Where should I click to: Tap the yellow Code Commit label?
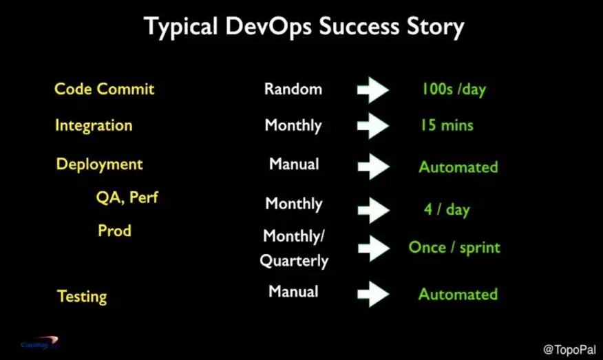point(104,89)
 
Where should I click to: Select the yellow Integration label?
point(94,126)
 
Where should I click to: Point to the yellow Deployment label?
point(100,165)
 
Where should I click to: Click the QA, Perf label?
point(127,198)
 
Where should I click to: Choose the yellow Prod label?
point(114,231)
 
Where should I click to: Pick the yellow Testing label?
point(82,297)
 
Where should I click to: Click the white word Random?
point(293,89)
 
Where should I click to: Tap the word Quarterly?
point(294,261)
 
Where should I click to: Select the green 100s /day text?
point(454,89)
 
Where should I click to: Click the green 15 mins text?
point(447,125)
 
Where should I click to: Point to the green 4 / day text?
point(447,210)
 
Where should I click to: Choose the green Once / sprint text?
point(454,248)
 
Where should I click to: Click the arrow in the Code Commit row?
point(373,90)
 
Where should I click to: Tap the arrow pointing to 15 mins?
point(373,126)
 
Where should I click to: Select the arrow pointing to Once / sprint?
point(374,248)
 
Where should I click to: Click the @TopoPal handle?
point(569,350)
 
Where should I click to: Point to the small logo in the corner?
point(40,343)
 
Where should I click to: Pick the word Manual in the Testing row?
point(293,292)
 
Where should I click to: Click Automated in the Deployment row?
point(458,167)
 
